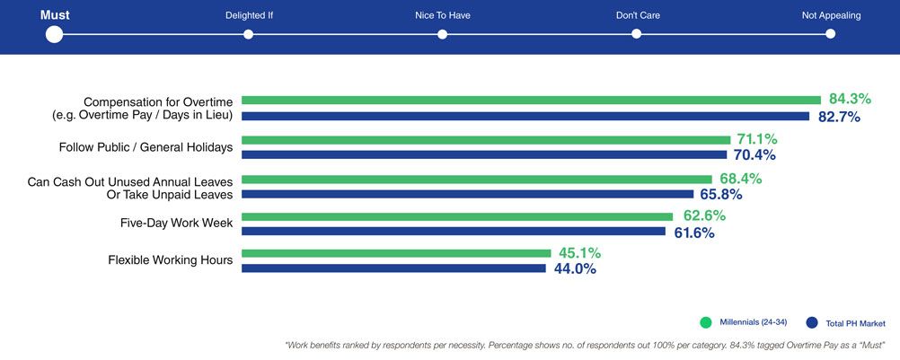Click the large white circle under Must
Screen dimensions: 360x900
(54, 34)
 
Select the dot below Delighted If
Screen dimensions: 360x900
(249, 34)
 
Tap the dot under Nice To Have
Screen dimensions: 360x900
(443, 34)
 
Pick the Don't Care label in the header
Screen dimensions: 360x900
(636, 15)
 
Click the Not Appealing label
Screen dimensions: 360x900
(830, 15)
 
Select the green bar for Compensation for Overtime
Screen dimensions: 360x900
(531, 100)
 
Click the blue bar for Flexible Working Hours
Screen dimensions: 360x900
(393, 268)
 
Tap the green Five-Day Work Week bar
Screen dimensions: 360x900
(457, 216)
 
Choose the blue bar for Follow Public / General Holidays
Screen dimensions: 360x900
(484, 154)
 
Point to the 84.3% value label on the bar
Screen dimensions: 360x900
(850, 99)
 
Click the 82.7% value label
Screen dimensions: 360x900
(839, 117)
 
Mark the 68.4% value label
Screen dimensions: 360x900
(741, 178)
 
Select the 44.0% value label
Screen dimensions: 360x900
(575, 268)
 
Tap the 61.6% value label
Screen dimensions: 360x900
(694, 233)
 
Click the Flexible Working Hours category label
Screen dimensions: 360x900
(171, 260)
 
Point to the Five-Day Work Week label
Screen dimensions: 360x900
(177, 222)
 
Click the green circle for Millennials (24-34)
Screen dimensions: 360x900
(705, 321)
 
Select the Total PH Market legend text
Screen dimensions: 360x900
(856, 322)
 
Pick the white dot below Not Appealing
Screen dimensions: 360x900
(830, 34)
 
